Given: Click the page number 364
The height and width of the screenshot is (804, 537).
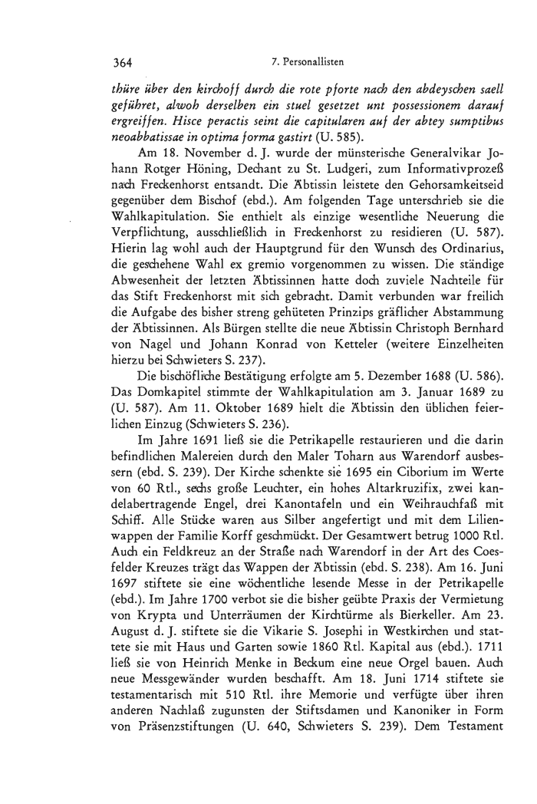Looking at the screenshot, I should point(123,62).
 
